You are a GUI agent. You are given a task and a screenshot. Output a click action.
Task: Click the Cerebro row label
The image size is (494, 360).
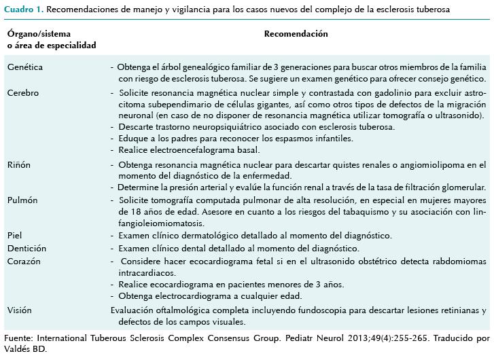(x=22, y=92)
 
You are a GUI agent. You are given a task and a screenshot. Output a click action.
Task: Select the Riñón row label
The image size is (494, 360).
(x=19, y=165)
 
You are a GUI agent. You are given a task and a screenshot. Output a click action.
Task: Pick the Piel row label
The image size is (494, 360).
(x=15, y=236)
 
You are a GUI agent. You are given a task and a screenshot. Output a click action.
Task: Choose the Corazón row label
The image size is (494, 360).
(x=24, y=261)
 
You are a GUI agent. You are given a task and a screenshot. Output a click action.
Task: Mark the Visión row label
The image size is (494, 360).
(x=20, y=310)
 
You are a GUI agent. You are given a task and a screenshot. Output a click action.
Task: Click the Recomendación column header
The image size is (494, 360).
(x=296, y=34)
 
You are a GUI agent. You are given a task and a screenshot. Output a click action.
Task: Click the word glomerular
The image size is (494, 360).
(x=463, y=187)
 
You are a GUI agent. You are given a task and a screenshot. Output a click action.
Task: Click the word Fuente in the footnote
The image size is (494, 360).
(x=18, y=337)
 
